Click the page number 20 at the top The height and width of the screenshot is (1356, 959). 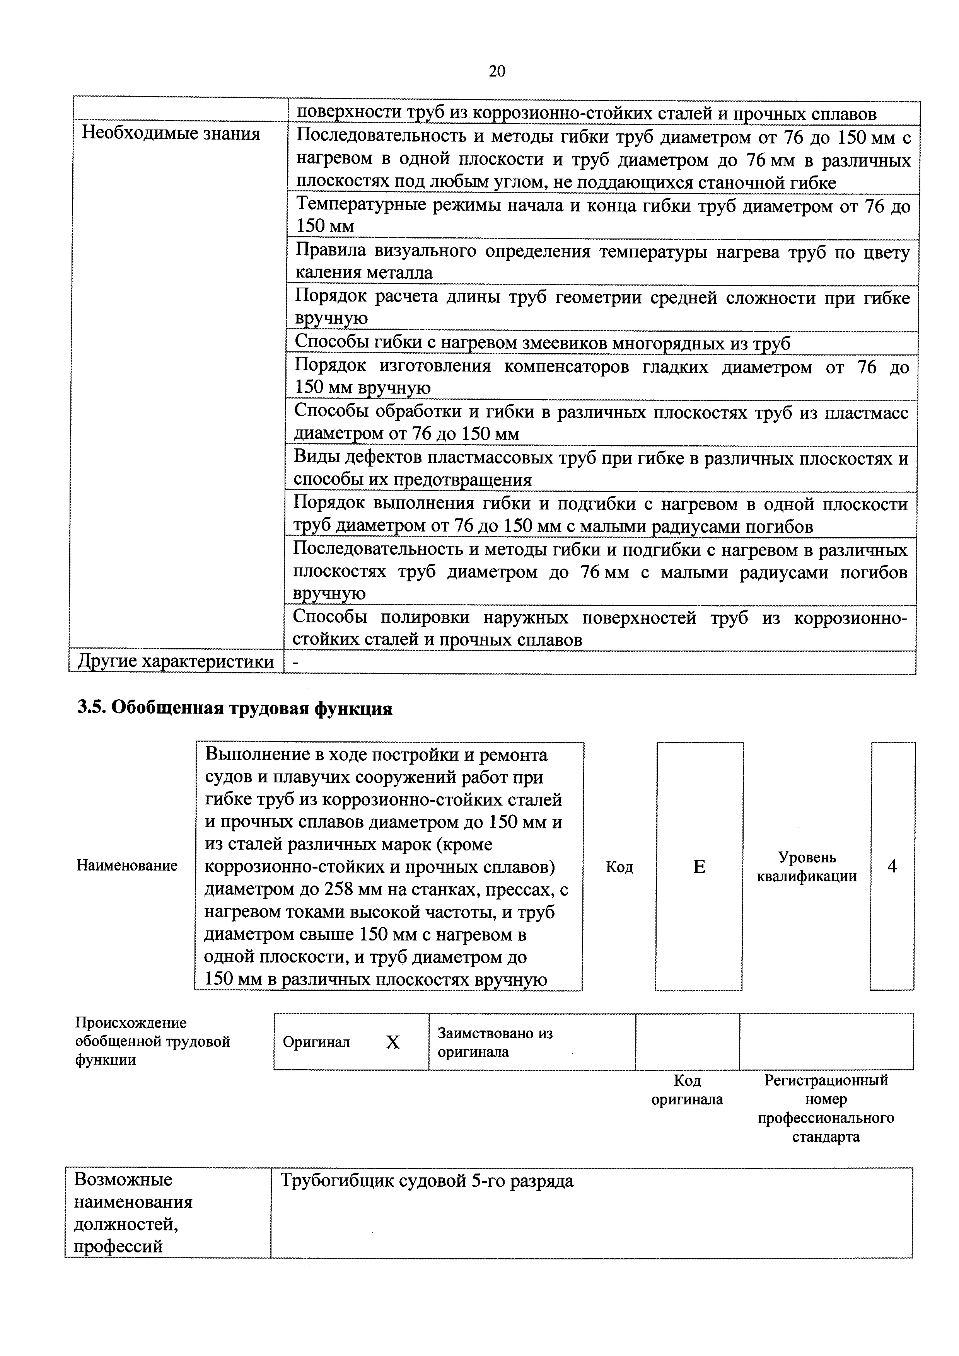pos(497,72)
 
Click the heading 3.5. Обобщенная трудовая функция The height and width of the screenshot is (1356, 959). pos(235,708)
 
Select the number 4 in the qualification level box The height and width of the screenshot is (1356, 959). pos(892,866)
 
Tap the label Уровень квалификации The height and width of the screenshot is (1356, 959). pos(807,866)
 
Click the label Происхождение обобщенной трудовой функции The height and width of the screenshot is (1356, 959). pos(152,1041)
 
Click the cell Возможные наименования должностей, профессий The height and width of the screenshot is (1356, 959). pos(133,1213)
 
